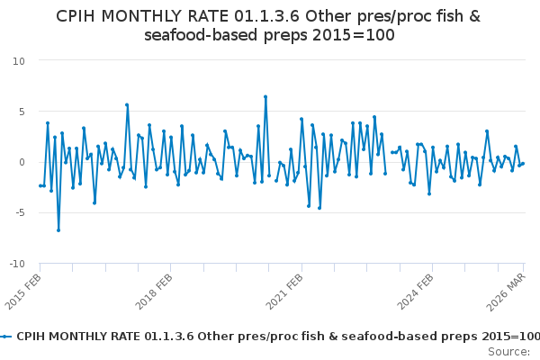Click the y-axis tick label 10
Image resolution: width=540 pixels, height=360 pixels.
pyautogui.click(x=18, y=60)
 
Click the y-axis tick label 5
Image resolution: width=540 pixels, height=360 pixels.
pyautogui.click(x=21, y=112)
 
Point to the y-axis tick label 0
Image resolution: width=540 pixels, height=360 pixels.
pyautogui.click(x=21, y=162)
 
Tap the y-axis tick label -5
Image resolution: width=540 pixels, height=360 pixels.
pyautogui.click(x=18, y=213)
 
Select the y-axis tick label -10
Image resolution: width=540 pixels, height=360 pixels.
pyautogui.click(x=15, y=264)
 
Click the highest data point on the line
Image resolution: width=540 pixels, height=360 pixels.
pyautogui.click(x=265, y=96)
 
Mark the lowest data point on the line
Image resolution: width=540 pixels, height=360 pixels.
pyautogui.click(x=58, y=230)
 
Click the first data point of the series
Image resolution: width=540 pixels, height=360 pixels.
pyautogui.click(x=40, y=185)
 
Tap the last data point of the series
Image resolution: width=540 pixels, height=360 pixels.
pyautogui.click(x=523, y=164)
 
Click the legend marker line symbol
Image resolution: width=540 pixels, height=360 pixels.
pyautogui.click(x=6, y=336)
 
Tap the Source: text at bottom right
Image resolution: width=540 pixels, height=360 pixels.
pyautogui.click(x=508, y=352)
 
